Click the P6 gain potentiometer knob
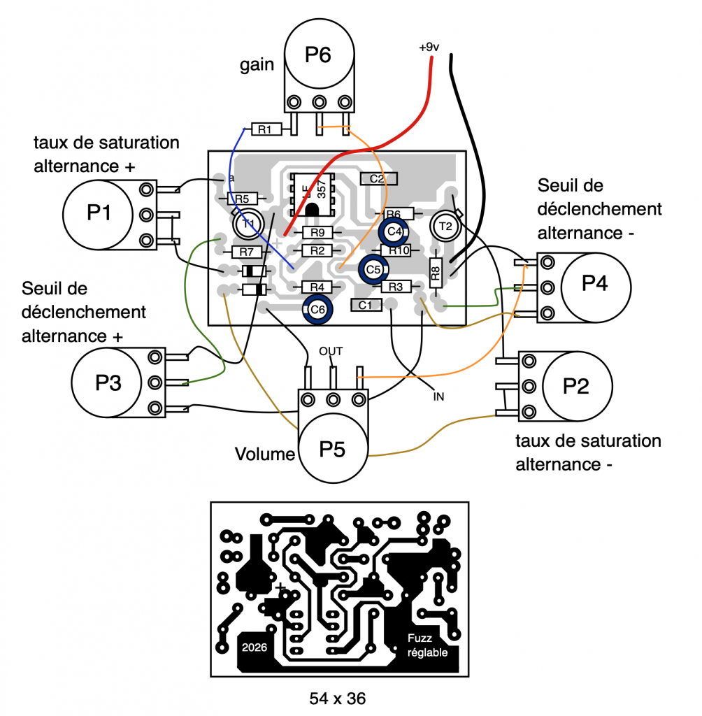point(318,55)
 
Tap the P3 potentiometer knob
point(106,382)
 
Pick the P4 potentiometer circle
point(596,285)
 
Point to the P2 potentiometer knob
point(577,386)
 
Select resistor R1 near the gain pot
point(265,129)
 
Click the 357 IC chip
point(313,192)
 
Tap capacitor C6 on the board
point(317,308)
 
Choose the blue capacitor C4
point(393,230)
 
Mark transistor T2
point(445,225)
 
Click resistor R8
point(435,272)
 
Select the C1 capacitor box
point(365,305)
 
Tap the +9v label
point(429,48)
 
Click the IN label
point(439,396)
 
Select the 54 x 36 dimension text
point(338,698)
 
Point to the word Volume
point(264,454)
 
